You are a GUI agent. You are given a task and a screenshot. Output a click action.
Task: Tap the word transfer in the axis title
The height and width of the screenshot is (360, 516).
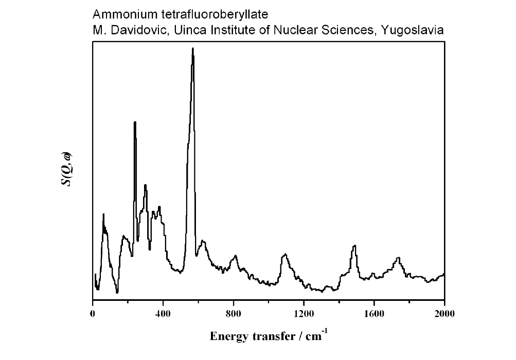(x=273, y=337)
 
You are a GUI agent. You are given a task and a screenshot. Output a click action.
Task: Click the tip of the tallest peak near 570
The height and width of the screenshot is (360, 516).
(x=192, y=48)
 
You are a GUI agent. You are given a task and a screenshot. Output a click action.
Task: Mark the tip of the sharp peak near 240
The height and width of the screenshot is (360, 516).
(x=135, y=122)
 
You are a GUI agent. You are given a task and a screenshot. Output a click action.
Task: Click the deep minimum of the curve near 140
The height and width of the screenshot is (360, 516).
(x=117, y=293)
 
